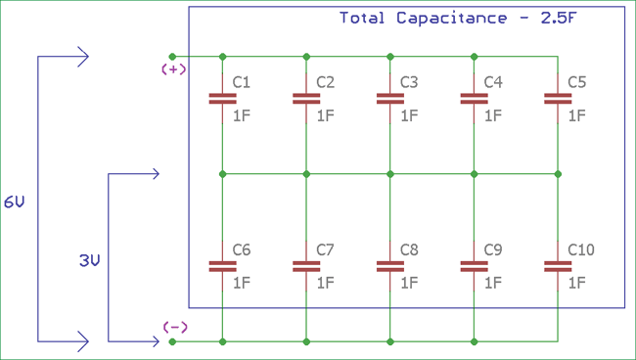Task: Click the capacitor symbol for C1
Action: pyautogui.click(x=223, y=98)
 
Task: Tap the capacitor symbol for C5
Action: pyautogui.click(x=558, y=98)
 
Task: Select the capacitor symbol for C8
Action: pyautogui.click(x=390, y=265)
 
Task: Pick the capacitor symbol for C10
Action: pyautogui.click(x=558, y=265)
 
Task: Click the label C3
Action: pyautogui.click(x=410, y=83)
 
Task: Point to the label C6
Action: pyautogui.click(x=242, y=250)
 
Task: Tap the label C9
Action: pyautogui.click(x=493, y=250)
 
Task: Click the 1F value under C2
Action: pyautogui.click(x=325, y=115)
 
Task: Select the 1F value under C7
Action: pyautogui.click(x=325, y=283)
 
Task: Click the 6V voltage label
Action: pyautogui.click(x=15, y=202)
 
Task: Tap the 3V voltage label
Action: pyautogui.click(x=89, y=261)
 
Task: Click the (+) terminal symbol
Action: pyautogui.click(x=173, y=70)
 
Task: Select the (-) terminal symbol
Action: pyautogui.click(x=173, y=327)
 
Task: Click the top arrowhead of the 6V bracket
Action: pyautogui.click(x=84, y=57)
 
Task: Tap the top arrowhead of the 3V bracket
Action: pyautogui.click(x=154, y=174)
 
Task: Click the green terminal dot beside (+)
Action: pyautogui.click(x=173, y=56)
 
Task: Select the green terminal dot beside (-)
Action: pyautogui.click(x=173, y=341)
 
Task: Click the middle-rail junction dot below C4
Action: pyautogui.click(x=474, y=174)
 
